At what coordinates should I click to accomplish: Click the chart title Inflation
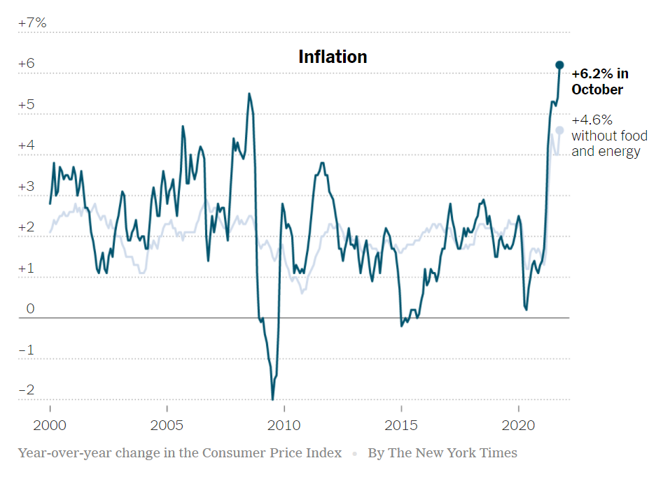click(333, 57)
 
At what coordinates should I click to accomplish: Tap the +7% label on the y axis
click(32, 23)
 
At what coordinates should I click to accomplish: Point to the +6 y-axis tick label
click(27, 64)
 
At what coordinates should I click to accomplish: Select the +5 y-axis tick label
click(27, 105)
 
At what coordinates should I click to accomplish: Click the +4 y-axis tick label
click(27, 145)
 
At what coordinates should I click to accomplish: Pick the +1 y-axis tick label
click(27, 269)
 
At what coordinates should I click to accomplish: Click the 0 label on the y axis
click(30, 309)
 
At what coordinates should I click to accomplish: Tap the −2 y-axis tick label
click(27, 390)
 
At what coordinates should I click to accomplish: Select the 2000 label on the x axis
click(50, 425)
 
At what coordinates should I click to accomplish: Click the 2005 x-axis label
click(167, 425)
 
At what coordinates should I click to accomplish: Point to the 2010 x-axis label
click(284, 425)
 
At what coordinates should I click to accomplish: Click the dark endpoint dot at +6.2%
click(559, 65)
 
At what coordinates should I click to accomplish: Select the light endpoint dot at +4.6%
click(559, 130)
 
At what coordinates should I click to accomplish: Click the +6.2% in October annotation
click(599, 81)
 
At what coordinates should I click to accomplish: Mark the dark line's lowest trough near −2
click(272, 399)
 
